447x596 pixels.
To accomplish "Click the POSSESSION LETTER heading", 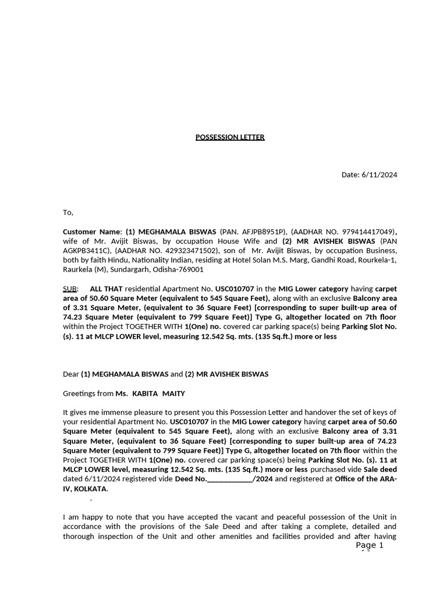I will pos(229,137).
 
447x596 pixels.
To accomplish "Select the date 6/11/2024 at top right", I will pos(379,175).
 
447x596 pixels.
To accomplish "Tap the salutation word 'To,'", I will pos(68,212).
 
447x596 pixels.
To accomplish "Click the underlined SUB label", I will pos(69,289).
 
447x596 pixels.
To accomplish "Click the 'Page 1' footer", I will pos(370,545).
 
